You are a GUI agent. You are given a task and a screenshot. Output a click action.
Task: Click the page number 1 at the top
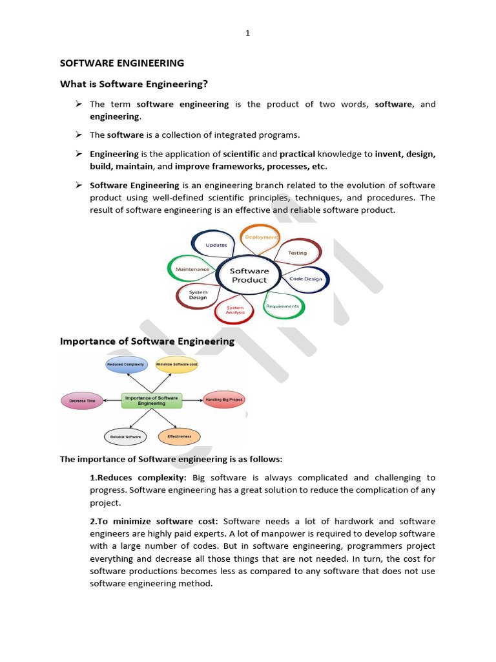247,34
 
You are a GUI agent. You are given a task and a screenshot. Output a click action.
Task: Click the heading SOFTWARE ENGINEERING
122,63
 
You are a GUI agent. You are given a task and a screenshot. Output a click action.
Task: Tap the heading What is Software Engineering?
134,84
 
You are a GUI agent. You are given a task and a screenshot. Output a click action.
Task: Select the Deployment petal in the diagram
260,237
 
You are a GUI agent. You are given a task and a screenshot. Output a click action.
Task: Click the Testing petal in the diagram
297,252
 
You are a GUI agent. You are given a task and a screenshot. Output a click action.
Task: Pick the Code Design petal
305,279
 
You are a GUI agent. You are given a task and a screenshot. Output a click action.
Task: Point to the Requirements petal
283,306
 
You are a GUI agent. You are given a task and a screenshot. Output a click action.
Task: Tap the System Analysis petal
235,310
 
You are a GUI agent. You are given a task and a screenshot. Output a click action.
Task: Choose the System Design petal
198,295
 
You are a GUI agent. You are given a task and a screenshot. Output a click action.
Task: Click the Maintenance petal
192,269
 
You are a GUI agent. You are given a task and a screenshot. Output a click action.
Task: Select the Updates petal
216,245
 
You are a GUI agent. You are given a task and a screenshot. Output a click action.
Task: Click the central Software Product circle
249,275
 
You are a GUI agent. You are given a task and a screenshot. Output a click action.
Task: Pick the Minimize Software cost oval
176,365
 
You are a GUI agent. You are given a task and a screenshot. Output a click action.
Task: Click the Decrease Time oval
81,401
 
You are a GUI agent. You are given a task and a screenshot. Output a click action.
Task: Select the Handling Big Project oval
223,400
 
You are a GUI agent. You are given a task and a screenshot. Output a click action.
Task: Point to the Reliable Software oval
125,437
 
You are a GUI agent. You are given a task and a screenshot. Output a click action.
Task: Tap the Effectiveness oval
179,437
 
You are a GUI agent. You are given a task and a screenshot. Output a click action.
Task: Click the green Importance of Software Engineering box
152,400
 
